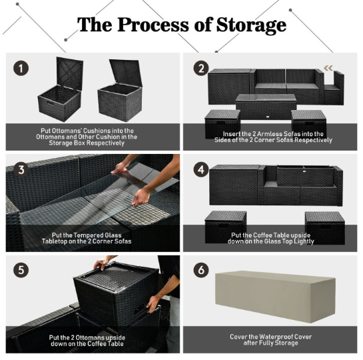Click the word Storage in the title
[251, 25]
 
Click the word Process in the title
[153, 24]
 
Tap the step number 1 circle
[21, 69]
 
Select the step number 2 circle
[201, 69]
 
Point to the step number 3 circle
[21, 169]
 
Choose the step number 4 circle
[201, 169]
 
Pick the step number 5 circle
[21, 270]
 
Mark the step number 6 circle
[201, 270]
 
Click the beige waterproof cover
[275, 297]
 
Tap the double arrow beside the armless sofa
[328, 68]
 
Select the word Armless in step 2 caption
[267, 134]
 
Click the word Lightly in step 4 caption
[304, 241]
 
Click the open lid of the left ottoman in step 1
[70, 73]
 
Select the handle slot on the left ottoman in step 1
[51, 103]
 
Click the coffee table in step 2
[266, 107]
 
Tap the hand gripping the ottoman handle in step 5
[153, 303]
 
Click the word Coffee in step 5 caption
[98, 344]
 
